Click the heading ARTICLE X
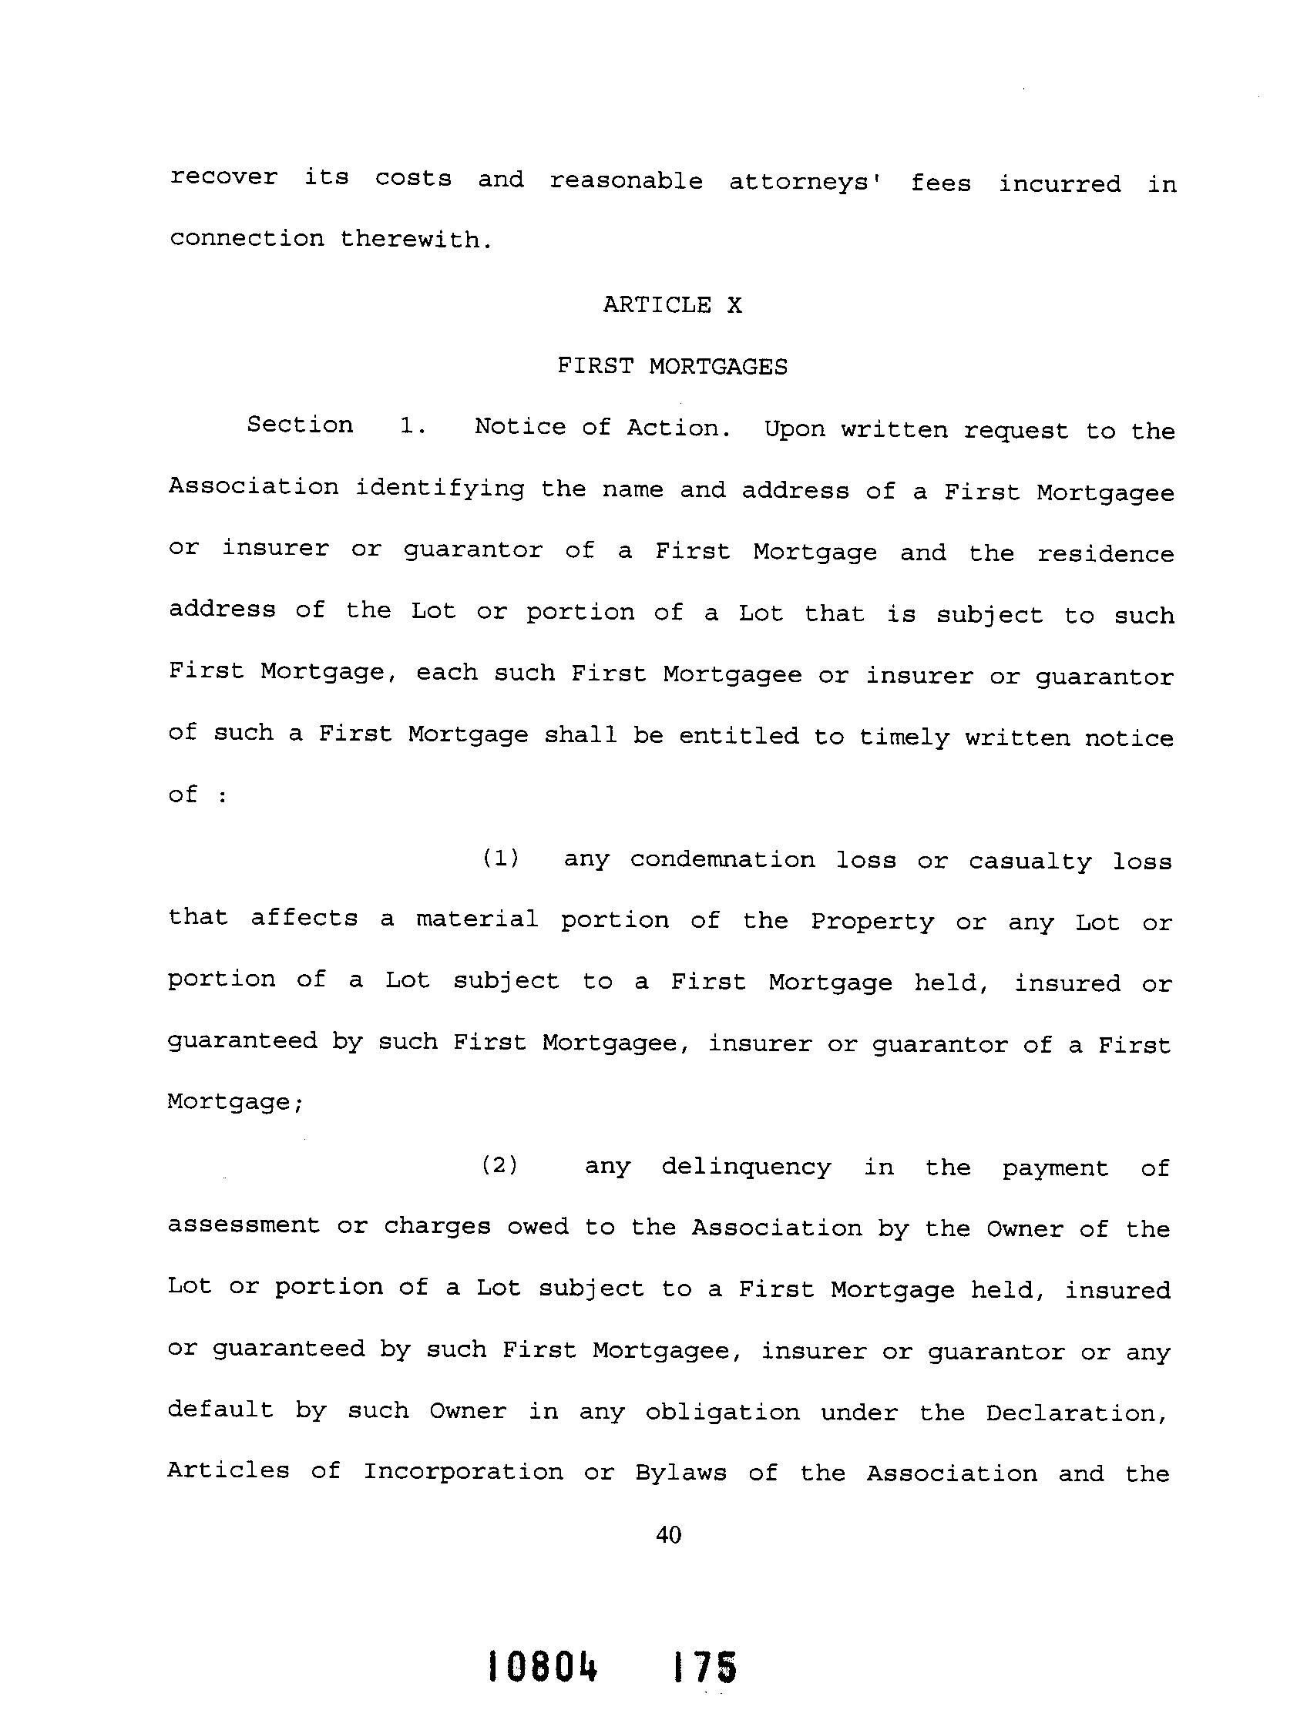coord(672,304)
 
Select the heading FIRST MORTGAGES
coord(672,366)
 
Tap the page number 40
coord(669,1535)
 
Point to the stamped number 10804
coord(543,1667)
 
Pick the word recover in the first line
coord(223,177)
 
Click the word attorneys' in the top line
coord(806,183)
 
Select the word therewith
coord(416,239)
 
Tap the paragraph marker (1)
coord(499,858)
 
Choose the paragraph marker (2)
coord(499,1166)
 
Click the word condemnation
coord(722,859)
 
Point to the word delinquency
coord(746,1168)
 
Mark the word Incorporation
coord(463,1472)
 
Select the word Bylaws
coord(681,1473)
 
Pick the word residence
coord(1105,553)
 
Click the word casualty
coord(1030,861)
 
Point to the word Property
coord(872,922)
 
